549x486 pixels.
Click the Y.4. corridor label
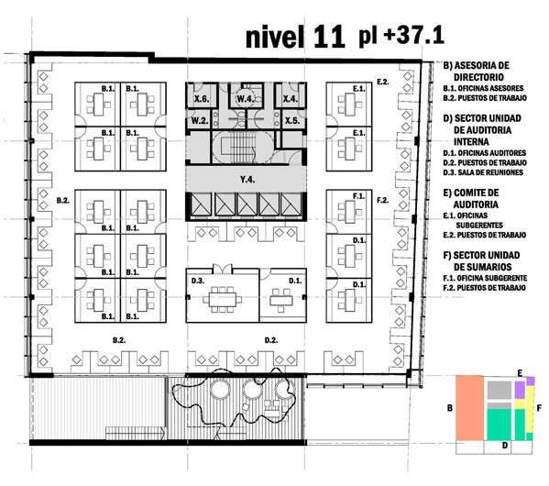click(x=247, y=180)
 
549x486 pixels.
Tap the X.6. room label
click(x=202, y=99)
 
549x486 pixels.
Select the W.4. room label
click(x=245, y=99)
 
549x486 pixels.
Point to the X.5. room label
click(x=292, y=120)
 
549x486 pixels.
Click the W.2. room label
click(x=200, y=120)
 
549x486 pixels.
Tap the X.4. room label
click(x=290, y=99)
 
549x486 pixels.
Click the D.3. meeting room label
click(x=198, y=281)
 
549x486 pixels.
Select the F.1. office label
click(x=359, y=196)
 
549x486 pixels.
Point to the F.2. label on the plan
click(x=383, y=200)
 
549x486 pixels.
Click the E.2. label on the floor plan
click(x=383, y=82)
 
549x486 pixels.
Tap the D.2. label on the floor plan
click(x=271, y=340)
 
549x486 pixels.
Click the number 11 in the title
click(x=329, y=37)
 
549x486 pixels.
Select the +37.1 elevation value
click(x=414, y=36)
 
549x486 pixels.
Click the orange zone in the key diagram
click(x=469, y=407)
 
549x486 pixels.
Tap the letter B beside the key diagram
click(x=450, y=408)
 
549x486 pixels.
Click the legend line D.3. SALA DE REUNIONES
click(x=483, y=172)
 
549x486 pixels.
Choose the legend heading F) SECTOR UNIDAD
click(x=481, y=255)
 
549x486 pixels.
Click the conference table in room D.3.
click(x=223, y=299)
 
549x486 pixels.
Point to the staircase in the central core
click(x=239, y=147)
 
